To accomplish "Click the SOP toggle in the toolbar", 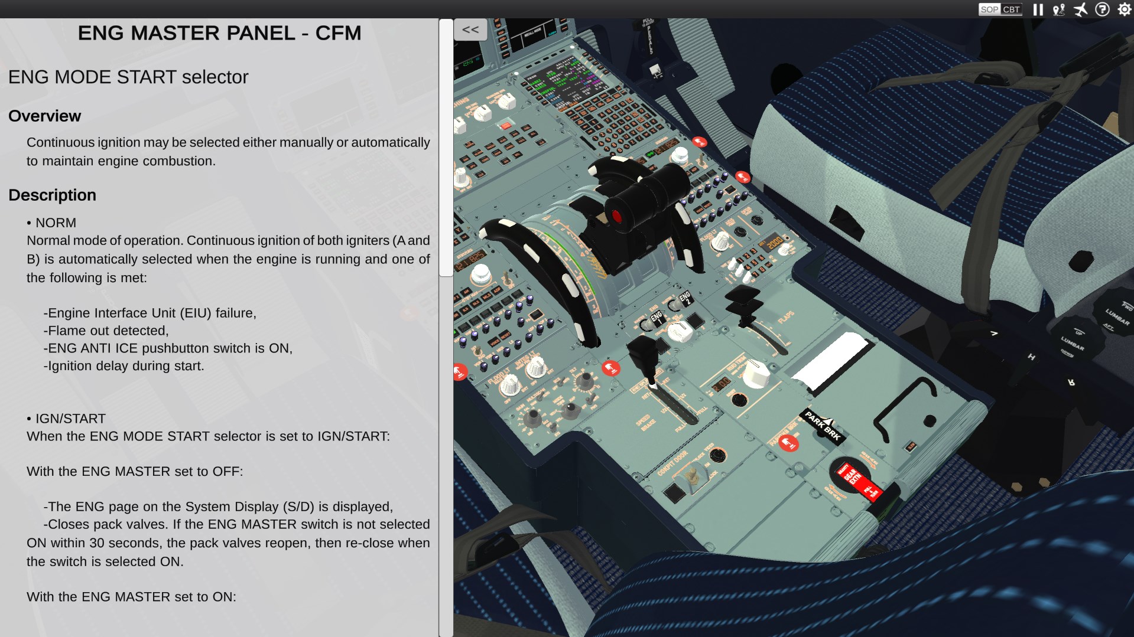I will pos(989,9).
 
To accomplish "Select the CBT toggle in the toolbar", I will pos(1011,9).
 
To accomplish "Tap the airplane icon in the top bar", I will pos(1080,9).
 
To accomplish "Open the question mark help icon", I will pos(1102,9).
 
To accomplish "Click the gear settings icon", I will pos(1124,9).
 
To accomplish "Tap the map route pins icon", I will pos(1058,9).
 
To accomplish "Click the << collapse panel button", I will pos(470,30).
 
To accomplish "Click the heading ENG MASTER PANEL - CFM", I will pos(219,33).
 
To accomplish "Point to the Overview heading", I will pos(44,116).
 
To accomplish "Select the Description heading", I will pos(52,195).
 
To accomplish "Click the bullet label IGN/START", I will pos(70,419).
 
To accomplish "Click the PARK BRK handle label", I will pos(823,426).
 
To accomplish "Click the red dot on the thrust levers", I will pos(616,216).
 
